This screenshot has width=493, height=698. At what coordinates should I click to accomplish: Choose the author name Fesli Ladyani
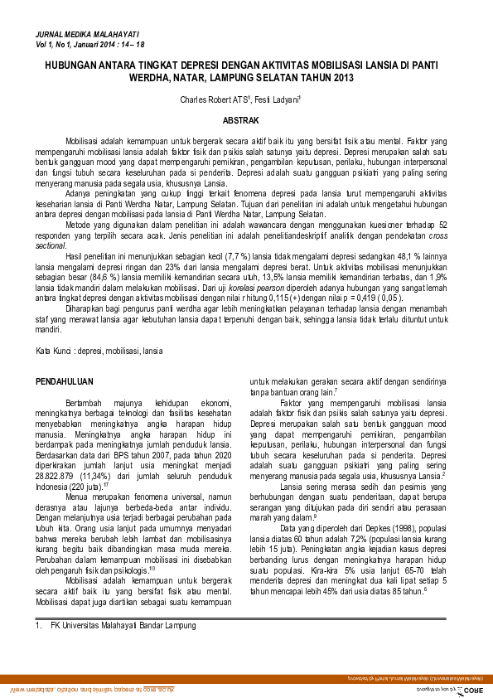pyautogui.click(x=279, y=99)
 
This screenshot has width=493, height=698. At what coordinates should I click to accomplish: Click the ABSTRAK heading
pyautogui.click(x=246, y=120)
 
